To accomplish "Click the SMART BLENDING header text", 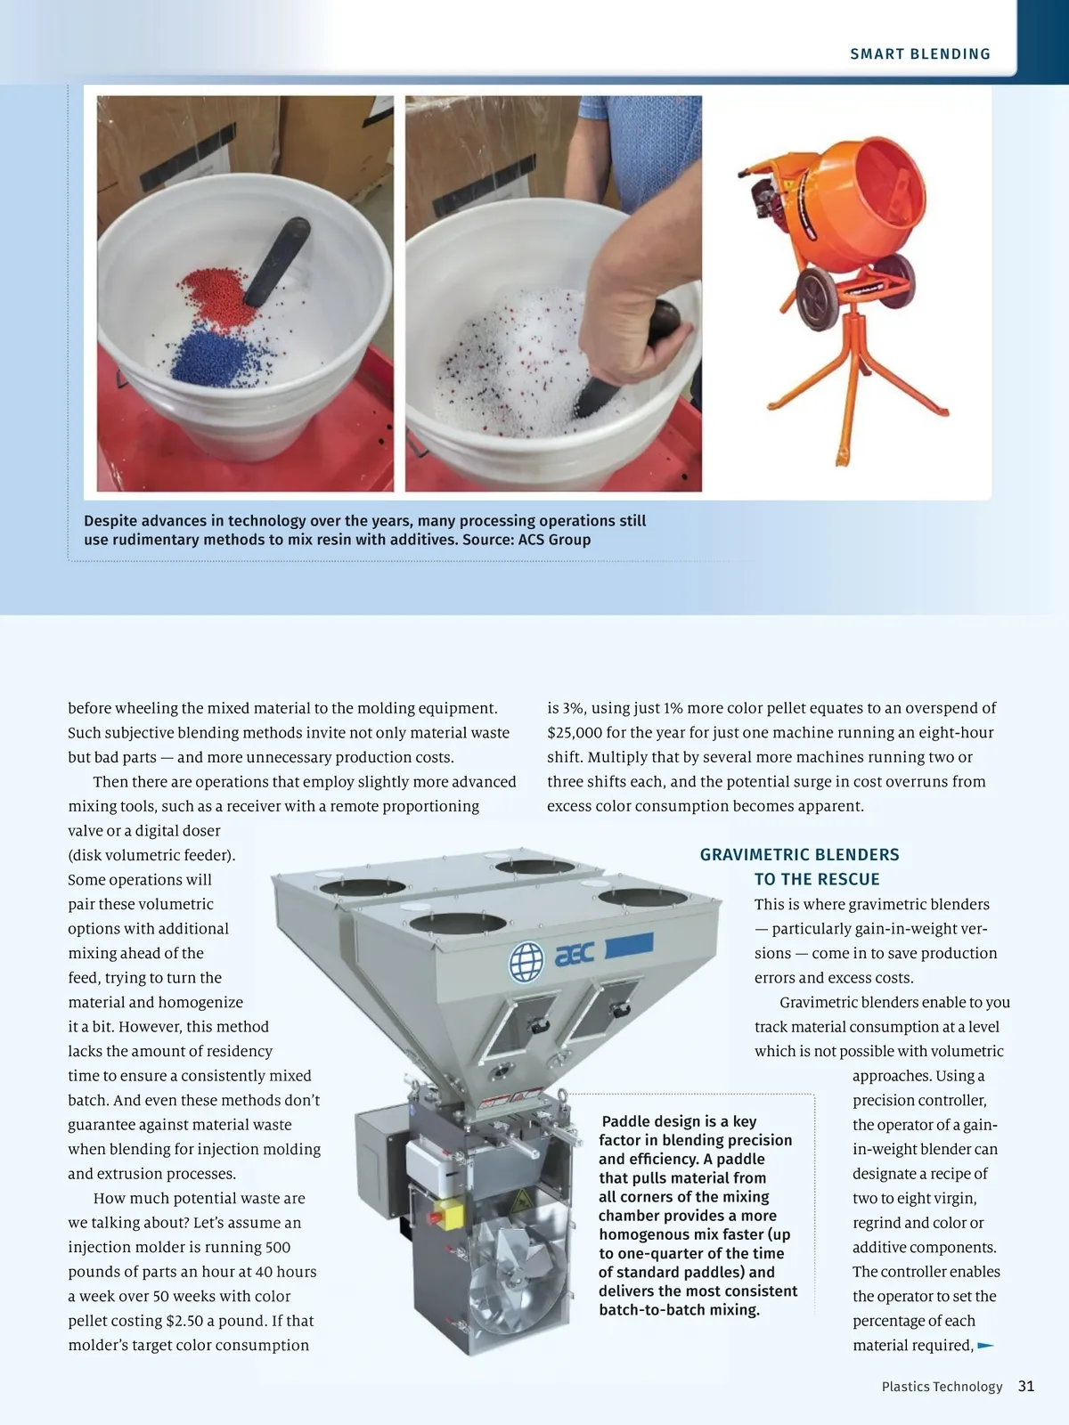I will click(x=919, y=54).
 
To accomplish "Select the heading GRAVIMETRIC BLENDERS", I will click(x=799, y=855).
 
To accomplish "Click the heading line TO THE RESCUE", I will click(x=816, y=880).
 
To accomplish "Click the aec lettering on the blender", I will click(x=575, y=956).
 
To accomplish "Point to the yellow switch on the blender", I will click(x=447, y=1213).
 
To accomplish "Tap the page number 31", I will click(x=1026, y=1387).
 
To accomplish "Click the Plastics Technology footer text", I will click(x=942, y=1387).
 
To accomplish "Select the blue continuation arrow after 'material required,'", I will click(x=985, y=1346).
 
